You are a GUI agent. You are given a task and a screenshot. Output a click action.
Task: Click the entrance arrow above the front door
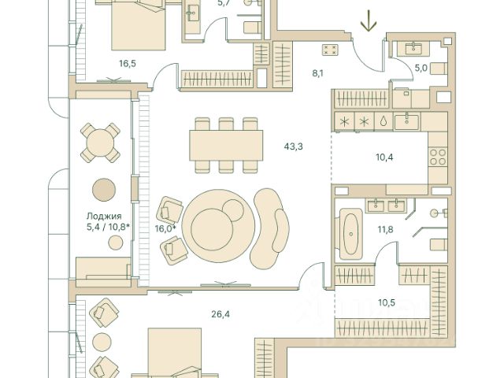coord(369,21)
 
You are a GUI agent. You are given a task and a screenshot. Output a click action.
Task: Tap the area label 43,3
coord(293,147)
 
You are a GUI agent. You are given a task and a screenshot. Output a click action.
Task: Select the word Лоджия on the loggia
coord(104,217)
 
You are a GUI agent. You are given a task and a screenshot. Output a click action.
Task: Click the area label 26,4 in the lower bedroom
coord(220,314)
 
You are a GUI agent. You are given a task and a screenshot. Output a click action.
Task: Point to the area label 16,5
coord(128,64)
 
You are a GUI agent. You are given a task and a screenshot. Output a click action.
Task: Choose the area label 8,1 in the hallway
coord(317,73)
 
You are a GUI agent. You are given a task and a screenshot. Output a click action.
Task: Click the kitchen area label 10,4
coord(384,157)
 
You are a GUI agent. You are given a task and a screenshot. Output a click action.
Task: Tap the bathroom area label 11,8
coord(385,229)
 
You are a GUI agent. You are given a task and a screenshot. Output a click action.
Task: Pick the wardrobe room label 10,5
coord(387,302)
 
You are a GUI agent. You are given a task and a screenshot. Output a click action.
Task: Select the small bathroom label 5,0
coord(421,69)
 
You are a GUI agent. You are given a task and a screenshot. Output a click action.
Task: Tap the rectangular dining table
coord(226,145)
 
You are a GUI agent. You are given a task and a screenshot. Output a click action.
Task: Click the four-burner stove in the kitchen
coord(438,157)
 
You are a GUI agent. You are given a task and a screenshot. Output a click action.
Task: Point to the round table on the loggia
coord(100,143)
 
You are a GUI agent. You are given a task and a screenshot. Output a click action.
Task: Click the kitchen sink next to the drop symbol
coord(406,122)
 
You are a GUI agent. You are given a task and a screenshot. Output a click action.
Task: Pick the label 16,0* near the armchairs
coord(165,229)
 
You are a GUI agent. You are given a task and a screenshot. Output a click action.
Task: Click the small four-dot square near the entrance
coord(330,50)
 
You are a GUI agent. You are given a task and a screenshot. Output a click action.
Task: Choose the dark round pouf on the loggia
coord(103,190)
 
